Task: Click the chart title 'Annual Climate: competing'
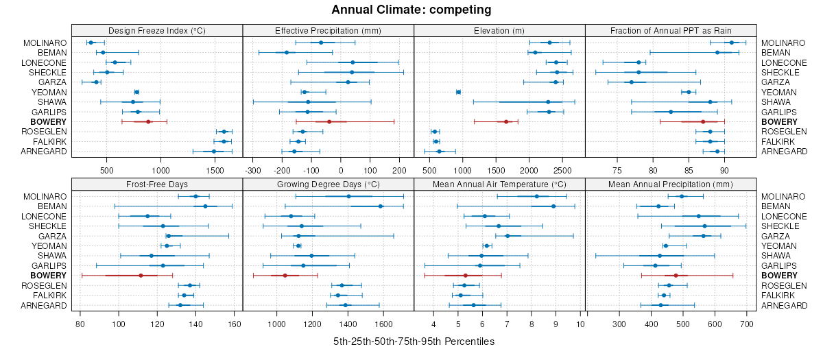click(411, 10)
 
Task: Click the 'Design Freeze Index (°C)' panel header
click(157, 30)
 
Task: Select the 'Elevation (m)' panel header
click(499, 30)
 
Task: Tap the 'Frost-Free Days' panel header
click(157, 184)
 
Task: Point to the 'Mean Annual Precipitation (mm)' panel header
click(671, 184)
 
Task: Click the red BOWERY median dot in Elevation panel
click(506, 121)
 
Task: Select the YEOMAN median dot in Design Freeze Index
click(136, 92)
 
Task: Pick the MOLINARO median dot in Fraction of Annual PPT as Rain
click(732, 43)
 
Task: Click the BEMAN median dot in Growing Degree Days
click(381, 206)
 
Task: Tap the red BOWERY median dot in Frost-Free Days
click(141, 276)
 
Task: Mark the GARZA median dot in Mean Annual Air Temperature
click(508, 236)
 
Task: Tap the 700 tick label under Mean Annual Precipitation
click(746, 324)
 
